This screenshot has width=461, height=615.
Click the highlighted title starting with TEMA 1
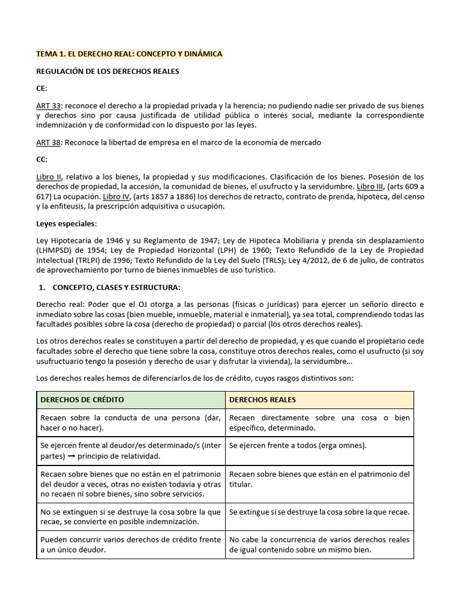tap(129, 54)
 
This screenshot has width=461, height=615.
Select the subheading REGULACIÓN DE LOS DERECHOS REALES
tap(107, 71)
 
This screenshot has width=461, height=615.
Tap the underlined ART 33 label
tap(49, 106)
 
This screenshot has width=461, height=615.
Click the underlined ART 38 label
tap(49, 142)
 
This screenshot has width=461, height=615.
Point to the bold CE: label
tap(41, 88)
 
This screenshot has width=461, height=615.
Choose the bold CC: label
tap(41, 159)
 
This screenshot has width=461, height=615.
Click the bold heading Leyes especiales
tap(66, 223)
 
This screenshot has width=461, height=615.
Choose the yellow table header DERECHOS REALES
tap(262, 399)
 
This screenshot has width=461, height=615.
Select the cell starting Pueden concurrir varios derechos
tap(130, 544)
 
